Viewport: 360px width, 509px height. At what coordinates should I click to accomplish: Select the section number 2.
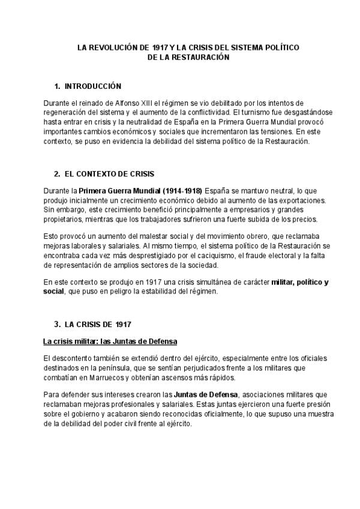tap(56, 174)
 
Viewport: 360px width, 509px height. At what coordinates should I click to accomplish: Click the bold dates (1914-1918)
tap(181, 191)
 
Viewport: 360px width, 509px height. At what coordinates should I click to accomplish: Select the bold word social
tap(53, 292)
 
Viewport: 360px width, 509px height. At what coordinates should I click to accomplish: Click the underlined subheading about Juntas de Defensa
tap(110, 342)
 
